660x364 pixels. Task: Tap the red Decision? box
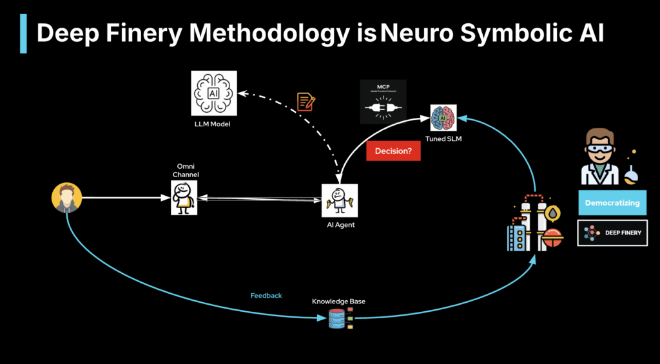[393, 151]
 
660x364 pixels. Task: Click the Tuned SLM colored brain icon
[443, 118]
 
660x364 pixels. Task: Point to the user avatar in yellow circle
[67, 198]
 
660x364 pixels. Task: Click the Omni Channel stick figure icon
[184, 197]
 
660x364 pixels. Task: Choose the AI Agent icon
[339, 200]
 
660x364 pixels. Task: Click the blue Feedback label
[266, 296]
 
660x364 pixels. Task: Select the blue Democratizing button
[612, 202]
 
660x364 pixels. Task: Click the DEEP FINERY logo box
[612, 233]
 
